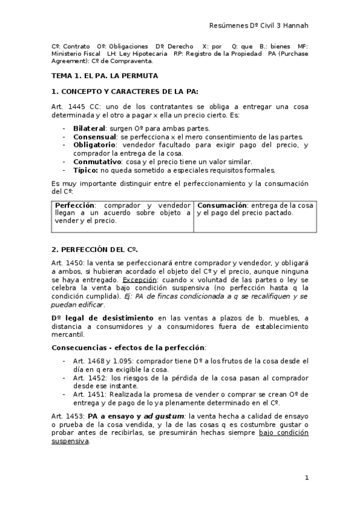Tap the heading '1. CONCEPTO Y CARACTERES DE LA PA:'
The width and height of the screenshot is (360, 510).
125,91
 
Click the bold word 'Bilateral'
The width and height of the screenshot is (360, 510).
89,128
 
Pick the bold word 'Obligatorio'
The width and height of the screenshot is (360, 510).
94,145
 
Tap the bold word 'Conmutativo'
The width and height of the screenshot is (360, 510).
96,162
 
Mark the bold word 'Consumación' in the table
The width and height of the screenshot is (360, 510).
222,205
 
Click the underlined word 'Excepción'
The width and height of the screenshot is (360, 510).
139,280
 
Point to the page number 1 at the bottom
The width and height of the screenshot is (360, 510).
307,478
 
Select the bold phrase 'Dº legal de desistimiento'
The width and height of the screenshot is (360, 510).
102,317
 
